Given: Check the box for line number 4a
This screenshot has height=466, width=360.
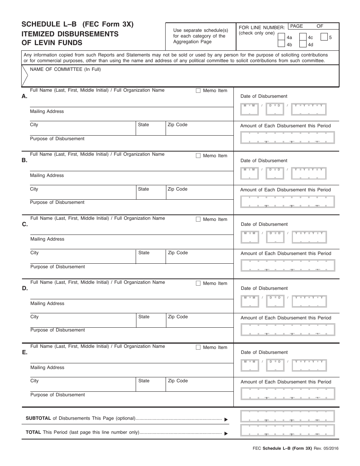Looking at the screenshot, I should click(x=281, y=37).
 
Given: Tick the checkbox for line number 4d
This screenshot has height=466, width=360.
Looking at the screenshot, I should click(x=302, y=44).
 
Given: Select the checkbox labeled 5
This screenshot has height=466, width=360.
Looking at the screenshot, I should click(x=324, y=37).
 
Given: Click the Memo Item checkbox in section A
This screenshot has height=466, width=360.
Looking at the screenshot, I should click(x=198, y=91).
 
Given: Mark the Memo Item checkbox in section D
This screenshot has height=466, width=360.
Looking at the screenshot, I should click(x=198, y=283).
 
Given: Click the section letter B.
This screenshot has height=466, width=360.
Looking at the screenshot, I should click(x=24, y=160).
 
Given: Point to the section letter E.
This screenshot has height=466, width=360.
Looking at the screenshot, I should click(x=25, y=352).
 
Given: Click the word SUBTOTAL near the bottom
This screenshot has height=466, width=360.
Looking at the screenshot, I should click(x=38, y=418).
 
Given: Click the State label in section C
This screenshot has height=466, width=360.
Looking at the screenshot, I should click(x=144, y=253).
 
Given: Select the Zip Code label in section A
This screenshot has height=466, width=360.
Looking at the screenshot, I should click(x=177, y=125).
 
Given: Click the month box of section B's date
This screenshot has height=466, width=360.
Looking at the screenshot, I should click(x=249, y=173).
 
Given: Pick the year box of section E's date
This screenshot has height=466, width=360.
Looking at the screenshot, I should click(x=309, y=365).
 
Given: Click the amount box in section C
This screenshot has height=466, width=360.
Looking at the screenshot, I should click(x=288, y=266).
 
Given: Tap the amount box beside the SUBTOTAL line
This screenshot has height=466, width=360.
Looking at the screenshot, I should click(x=288, y=416).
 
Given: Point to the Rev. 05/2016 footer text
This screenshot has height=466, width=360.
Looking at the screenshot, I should click(x=326, y=449).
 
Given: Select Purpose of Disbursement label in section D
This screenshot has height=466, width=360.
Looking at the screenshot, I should click(x=58, y=330).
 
